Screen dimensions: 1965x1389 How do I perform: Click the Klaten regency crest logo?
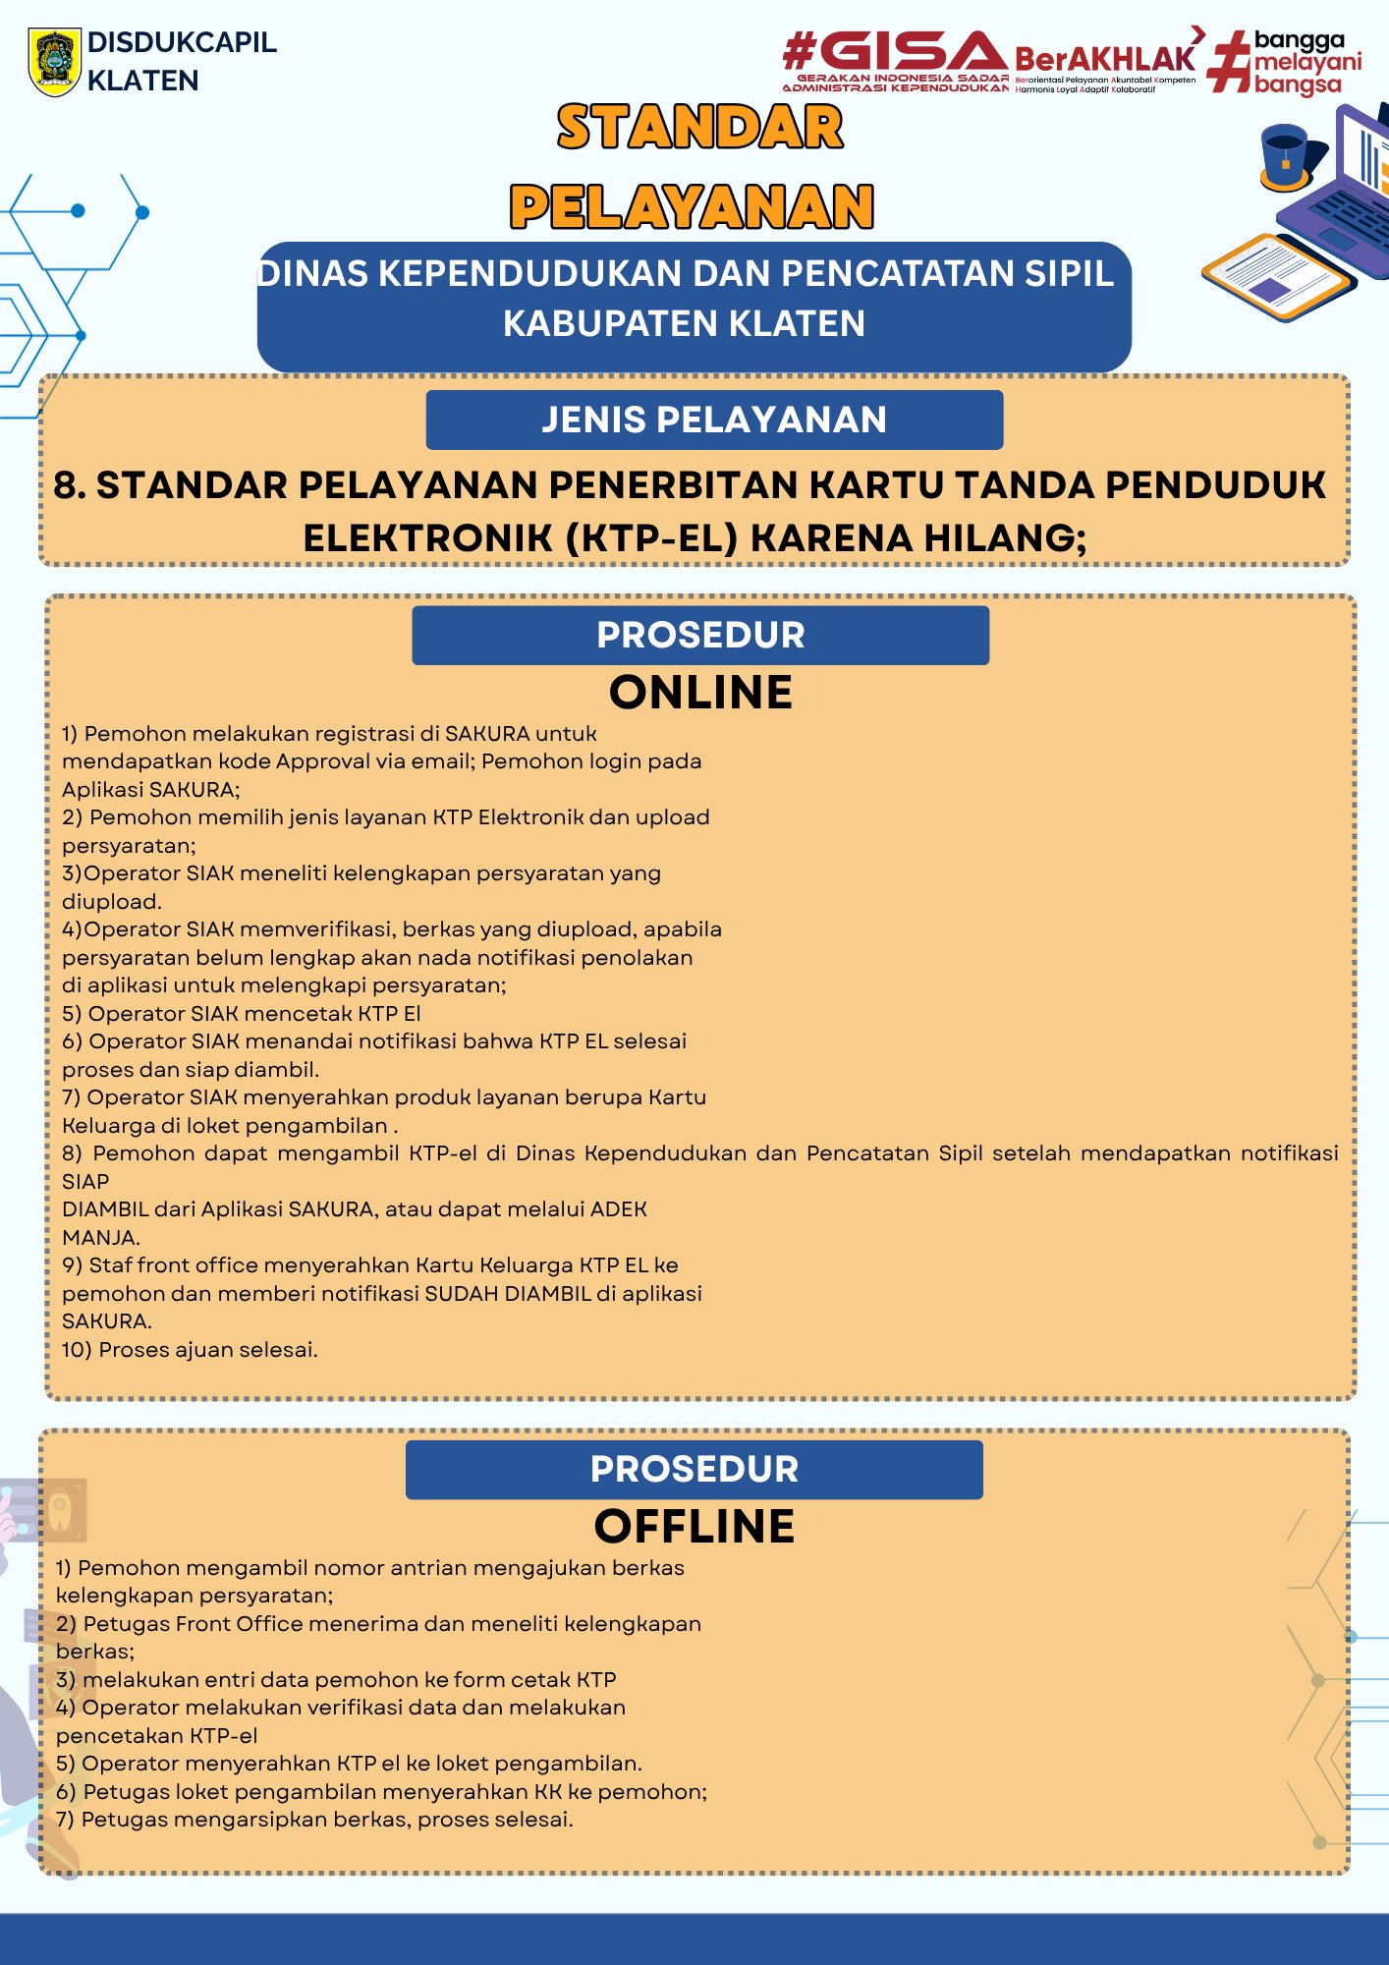[x=54, y=61]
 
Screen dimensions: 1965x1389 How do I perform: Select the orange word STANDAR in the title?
[x=699, y=128]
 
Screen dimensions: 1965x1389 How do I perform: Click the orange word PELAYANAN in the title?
[x=692, y=207]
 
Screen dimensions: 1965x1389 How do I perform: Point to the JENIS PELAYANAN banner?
[x=714, y=420]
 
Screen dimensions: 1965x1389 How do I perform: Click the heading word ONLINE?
[x=700, y=693]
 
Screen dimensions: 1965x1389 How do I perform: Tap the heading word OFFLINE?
[x=694, y=1527]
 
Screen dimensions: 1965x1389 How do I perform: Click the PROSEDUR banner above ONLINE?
[x=700, y=636]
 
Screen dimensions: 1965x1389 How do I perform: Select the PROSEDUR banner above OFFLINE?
[x=694, y=1470]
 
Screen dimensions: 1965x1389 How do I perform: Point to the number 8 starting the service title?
[x=69, y=485]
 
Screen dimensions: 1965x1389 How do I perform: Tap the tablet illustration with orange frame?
[x=1277, y=277]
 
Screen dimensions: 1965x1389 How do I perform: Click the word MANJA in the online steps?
[x=99, y=1238]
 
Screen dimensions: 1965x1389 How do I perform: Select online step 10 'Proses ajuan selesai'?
[x=190, y=1350]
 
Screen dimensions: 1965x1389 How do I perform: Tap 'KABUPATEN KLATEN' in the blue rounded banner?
[x=684, y=323]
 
